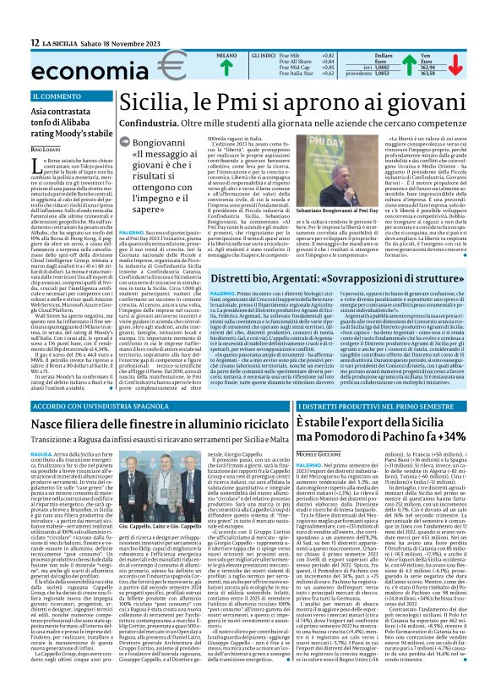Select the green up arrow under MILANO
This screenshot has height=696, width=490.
(203, 69)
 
